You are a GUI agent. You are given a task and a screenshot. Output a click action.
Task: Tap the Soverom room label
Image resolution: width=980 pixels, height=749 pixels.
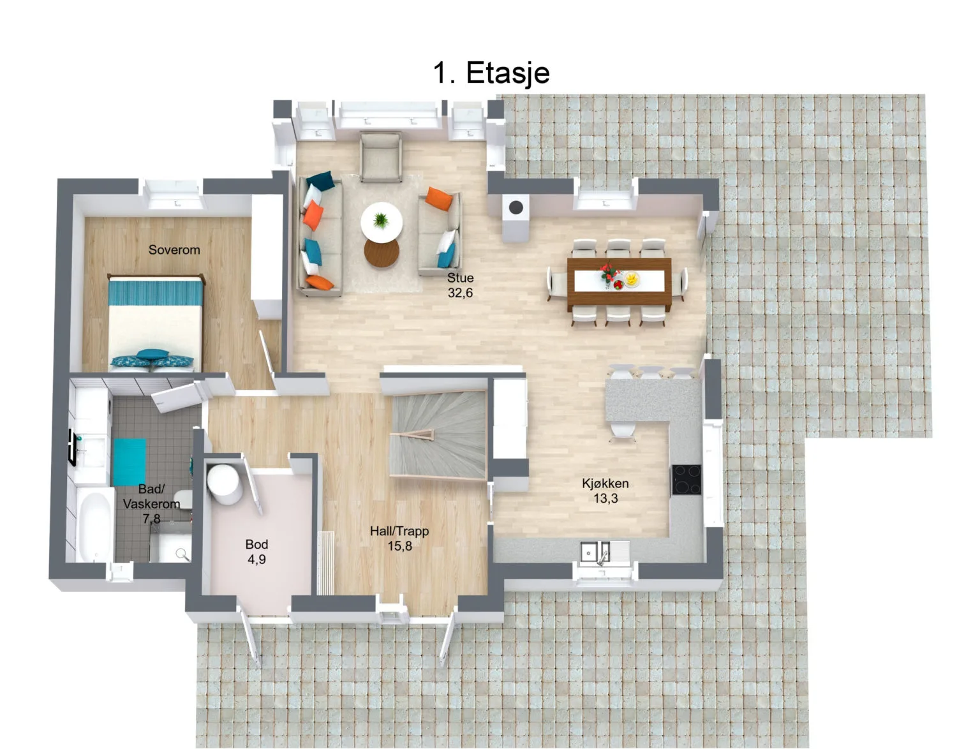[x=174, y=249]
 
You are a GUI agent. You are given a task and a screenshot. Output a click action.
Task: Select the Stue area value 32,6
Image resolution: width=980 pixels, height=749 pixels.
[x=460, y=293]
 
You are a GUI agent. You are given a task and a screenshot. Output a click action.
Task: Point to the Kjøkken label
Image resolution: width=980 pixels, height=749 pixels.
[x=605, y=484]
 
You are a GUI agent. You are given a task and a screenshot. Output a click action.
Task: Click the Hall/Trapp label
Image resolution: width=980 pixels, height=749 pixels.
[x=399, y=531]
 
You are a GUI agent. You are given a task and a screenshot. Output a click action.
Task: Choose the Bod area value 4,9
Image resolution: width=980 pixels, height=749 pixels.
[x=256, y=560]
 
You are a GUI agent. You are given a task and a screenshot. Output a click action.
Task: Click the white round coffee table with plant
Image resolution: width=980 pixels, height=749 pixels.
[x=381, y=222]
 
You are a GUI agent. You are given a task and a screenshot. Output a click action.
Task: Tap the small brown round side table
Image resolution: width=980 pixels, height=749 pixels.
[x=381, y=253]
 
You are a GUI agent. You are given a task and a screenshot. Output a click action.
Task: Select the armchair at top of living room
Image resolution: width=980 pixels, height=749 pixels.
[x=380, y=157]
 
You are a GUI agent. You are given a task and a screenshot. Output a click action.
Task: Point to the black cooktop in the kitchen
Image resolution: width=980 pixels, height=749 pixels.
[x=687, y=479]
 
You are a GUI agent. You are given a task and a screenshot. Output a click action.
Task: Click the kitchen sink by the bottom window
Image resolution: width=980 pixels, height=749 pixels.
[x=604, y=552]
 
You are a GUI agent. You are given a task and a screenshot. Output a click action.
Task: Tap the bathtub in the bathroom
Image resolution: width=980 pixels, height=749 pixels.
[x=94, y=525]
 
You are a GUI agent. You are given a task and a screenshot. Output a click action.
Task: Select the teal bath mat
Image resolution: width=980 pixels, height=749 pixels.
[x=130, y=462]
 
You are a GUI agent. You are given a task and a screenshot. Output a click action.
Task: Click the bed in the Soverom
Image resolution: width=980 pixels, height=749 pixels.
[x=155, y=323]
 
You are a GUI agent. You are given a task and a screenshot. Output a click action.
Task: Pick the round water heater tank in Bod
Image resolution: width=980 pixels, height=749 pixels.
[x=224, y=484]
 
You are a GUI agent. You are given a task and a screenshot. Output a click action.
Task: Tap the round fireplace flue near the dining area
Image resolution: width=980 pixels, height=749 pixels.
[x=516, y=207]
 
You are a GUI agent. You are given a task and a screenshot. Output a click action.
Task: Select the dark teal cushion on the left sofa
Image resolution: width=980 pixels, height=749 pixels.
[x=320, y=180]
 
